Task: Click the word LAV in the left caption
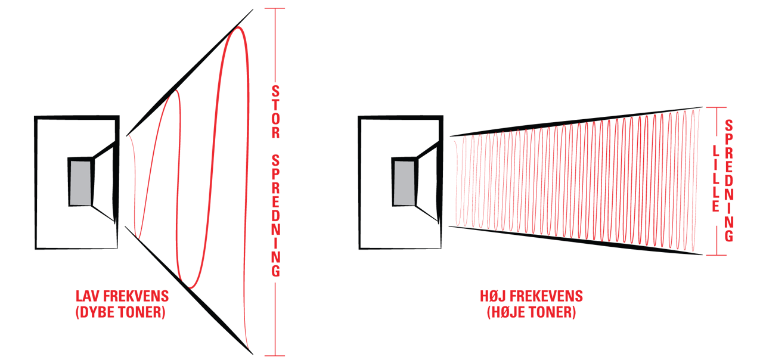pyautogui.click(x=88, y=296)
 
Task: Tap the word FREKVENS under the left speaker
pyautogui.click(x=136, y=296)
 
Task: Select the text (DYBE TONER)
pyautogui.click(x=120, y=312)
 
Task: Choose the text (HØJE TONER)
pyautogui.click(x=531, y=312)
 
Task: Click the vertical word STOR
pyautogui.click(x=275, y=112)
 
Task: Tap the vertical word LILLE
pyautogui.click(x=716, y=179)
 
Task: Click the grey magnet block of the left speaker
pyautogui.click(x=80, y=183)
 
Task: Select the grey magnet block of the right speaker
pyautogui.click(x=404, y=183)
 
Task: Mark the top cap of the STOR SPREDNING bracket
pyautogui.click(x=275, y=8)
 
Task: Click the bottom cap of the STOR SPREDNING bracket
pyautogui.click(x=275, y=356)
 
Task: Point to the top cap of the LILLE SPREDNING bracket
pyautogui.click(x=717, y=107)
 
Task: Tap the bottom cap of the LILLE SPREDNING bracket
pyautogui.click(x=717, y=255)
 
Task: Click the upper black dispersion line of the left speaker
pyautogui.click(x=190, y=73)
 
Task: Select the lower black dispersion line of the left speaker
pyautogui.click(x=189, y=290)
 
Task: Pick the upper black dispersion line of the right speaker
pyautogui.click(x=576, y=122)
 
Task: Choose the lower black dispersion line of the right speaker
pyautogui.click(x=576, y=240)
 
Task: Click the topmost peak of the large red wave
pyautogui.click(x=238, y=27)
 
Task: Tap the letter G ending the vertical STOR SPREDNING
pyautogui.click(x=275, y=271)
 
